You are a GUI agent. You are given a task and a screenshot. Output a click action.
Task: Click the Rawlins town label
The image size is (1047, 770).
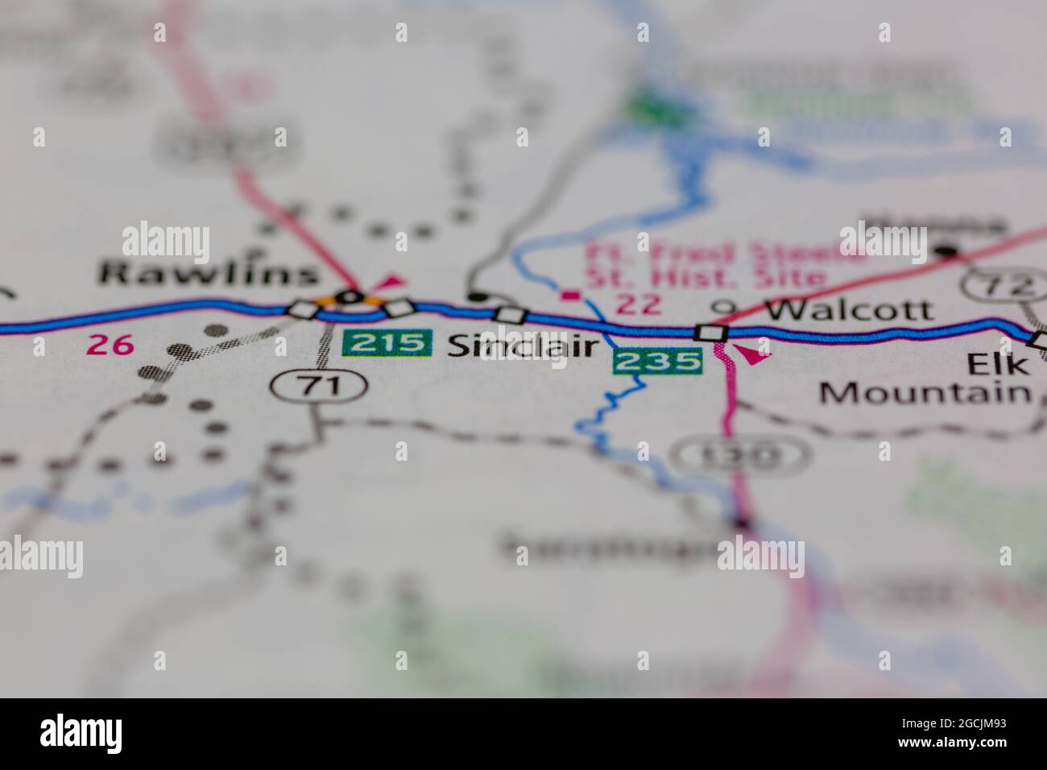point(208,274)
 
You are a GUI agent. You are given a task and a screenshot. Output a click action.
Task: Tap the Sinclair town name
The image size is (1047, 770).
point(522,346)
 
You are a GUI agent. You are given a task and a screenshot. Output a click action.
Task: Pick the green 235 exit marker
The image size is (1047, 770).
point(657,361)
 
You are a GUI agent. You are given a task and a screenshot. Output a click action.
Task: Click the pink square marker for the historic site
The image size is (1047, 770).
point(571,296)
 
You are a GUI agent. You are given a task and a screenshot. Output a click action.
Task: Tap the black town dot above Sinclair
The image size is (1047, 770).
point(478,296)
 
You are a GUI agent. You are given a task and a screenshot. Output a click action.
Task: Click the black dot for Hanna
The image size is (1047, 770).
point(947,252)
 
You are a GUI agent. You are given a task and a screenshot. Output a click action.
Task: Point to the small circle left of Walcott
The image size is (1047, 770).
point(726,308)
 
